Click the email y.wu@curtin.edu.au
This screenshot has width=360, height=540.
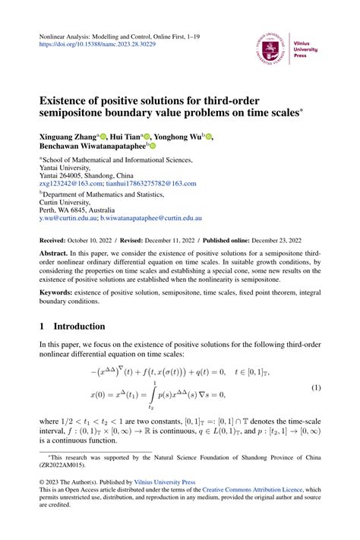(x=68, y=217)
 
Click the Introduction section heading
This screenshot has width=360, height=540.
(x=79, y=327)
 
